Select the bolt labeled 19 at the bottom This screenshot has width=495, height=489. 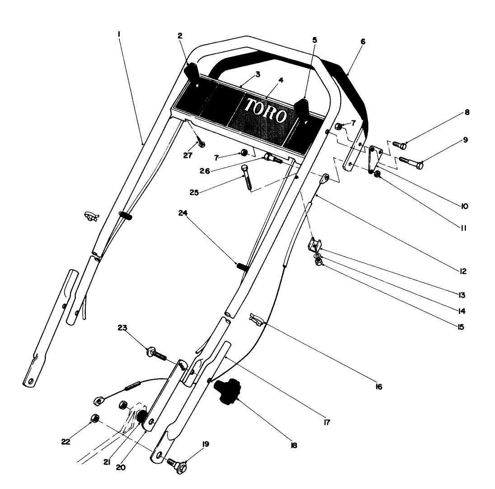click(x=177, y=465)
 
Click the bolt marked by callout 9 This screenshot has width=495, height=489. click(x=410, y=163)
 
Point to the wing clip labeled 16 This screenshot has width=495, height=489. click(x=256, y=320)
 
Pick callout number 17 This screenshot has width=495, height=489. click(x=327, y=423)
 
